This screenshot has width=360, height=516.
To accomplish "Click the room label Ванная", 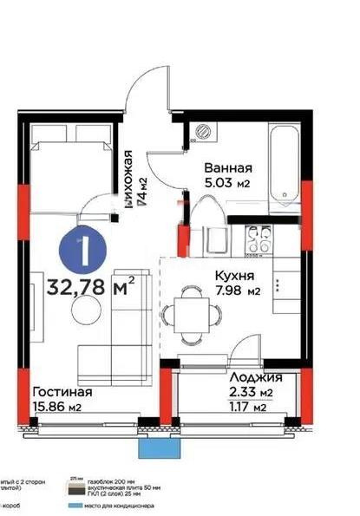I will tap(228, 168).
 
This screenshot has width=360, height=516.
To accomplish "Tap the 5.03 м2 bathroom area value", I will tap(227, 183).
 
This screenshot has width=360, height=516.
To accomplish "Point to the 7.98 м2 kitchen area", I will tap(235, 291).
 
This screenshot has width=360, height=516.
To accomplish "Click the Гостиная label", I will tap(62, 392).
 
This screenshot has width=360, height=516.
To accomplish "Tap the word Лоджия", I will tap(256, 378).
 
